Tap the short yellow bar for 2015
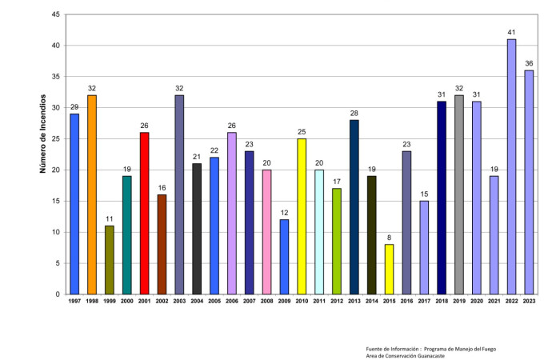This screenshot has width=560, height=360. pyautogui.click(x=389, y=269)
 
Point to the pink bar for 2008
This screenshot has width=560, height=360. pyautogui.click(x=266, y=231)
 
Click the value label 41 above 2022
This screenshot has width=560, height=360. pyautogui.click(x=511, y=33)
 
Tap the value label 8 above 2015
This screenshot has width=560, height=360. pyautogui.click(x=389, y=238)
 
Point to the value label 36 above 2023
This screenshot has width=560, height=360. pyautogui.click(x=529, y=64)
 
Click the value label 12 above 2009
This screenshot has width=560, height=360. pyautogui.click(x=284, y=213)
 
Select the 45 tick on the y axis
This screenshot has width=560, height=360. pyautogui.click(x=54, y=14)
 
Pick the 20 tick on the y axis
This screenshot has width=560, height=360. pyautogui.click(x=54, y=170)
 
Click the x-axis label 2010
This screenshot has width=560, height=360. pyautogui.click(x=302, y=302)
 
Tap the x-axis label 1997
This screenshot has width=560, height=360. pyautogui.click(x=74, y=302)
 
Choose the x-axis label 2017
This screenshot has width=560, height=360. pyautogui.click(x=424, y=302)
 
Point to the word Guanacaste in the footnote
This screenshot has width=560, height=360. pyautogui.click(x=424, y=356)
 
